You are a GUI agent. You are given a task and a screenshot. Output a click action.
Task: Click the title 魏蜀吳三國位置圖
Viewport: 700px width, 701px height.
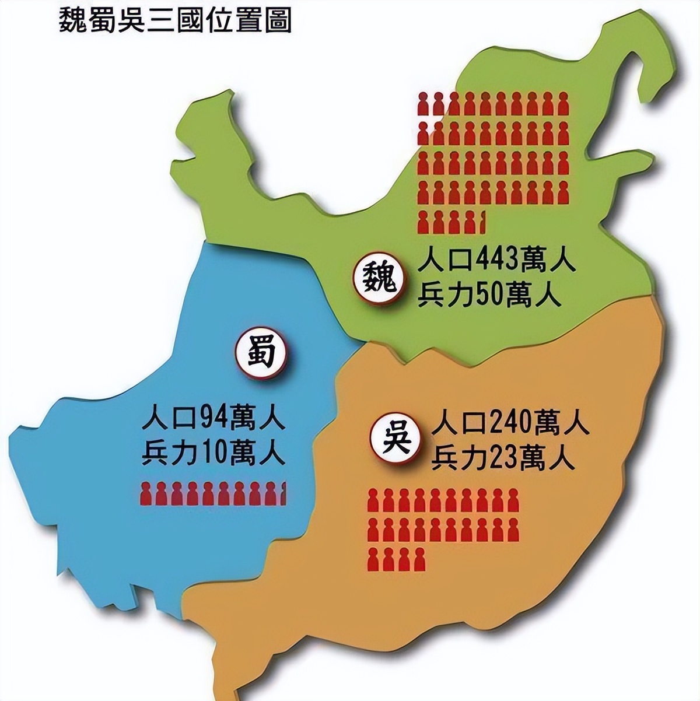point(175,20)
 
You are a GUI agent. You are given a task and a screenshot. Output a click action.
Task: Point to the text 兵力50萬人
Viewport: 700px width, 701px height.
point(489,296)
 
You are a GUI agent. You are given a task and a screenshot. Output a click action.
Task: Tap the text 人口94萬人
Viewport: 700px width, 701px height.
point(213,418)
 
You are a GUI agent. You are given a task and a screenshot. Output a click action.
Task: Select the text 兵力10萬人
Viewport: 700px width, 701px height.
point(213,453)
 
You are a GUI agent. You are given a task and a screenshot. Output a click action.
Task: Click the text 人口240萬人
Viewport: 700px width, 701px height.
point(510,423)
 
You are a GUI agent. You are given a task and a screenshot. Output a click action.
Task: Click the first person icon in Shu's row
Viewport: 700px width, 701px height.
point(146,493)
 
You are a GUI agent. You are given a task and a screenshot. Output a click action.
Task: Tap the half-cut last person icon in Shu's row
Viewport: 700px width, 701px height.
point(283,493)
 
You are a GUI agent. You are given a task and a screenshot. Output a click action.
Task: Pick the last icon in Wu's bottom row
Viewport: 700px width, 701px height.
point(418,559)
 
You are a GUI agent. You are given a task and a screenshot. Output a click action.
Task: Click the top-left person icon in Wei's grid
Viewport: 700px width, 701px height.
point(424,104)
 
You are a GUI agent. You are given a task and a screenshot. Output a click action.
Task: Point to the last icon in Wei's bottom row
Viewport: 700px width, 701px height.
point(481,222)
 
